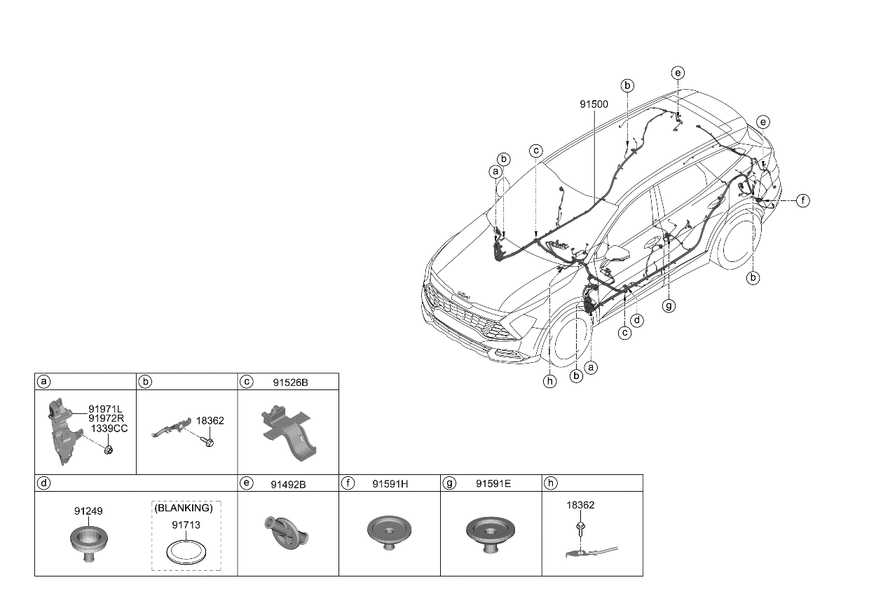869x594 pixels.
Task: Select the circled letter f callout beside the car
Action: [x=802, y=201]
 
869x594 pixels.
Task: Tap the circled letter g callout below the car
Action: [x=669, y=305]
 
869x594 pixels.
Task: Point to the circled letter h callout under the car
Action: [x=550, y=382]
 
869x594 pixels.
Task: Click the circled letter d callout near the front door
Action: [x=636, y=320]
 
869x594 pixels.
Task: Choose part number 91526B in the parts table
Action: [x=294, y=382]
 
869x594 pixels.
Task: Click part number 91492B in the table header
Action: [x=294, y=483]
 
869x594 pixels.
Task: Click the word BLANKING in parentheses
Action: [x=184, y=508]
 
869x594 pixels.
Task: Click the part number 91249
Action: [x=88, y=511]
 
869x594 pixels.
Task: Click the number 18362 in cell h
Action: [x=581, y=504]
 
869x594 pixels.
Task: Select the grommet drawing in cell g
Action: [x=491, y=532]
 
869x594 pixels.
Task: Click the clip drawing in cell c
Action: [x=287, y=434]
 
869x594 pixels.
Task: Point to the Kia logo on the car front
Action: [x=463, y=294]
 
